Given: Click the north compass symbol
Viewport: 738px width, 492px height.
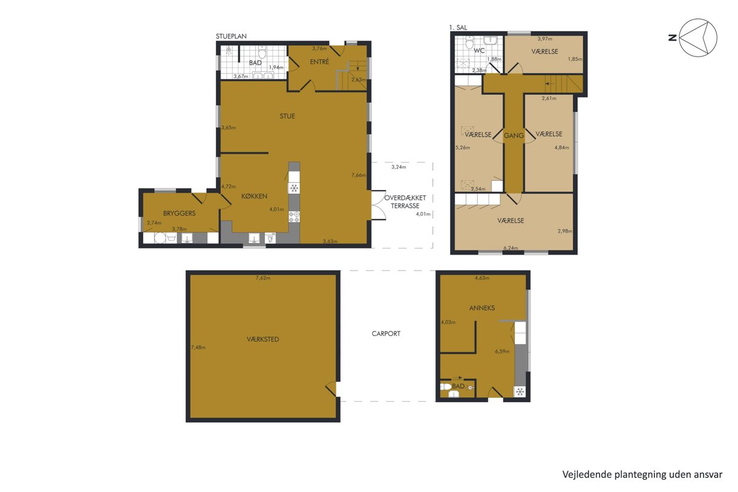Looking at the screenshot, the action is (x=698, y=38).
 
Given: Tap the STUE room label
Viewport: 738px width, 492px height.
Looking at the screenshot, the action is (x=287, y=116).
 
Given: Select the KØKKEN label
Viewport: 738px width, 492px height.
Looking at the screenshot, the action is (x=254, y=196).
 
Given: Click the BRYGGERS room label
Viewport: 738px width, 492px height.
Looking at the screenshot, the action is (x=179, y=213).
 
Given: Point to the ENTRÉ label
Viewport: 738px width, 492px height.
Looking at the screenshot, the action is (x=319, y=61).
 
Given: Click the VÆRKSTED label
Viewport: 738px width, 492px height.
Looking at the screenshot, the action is (x=263, y=339).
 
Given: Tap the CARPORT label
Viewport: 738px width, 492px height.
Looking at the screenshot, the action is (x=386, y=333).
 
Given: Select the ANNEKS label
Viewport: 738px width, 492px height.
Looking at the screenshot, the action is (x=482, y=307).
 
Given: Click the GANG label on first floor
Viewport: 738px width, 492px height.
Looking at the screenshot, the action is (x=514, y=135).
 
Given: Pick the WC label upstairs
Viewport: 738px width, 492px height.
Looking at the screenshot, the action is (x=479, y=50).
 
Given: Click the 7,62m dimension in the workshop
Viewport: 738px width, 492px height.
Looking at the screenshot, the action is (x=263, y=278).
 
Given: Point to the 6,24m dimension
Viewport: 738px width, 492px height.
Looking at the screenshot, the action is (x=510, y=248).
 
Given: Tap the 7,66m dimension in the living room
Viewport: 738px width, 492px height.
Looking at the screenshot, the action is (x=359, y=175).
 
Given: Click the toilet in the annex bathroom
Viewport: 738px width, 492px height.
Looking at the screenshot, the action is (x=446, y=386).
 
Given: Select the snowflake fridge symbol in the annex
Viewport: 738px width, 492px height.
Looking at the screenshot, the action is (x=520, y=392).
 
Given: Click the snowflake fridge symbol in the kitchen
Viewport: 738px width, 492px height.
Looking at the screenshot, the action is (x=294, y=188).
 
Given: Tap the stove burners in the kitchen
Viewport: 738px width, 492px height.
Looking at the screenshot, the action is (x=294, y=217).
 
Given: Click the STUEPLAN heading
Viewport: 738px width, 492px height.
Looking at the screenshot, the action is (x=231, y=36).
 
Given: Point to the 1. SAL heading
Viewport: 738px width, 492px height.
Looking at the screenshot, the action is (x=458, y=28).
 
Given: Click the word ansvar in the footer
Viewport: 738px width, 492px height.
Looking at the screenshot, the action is (x=708, y=475).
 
